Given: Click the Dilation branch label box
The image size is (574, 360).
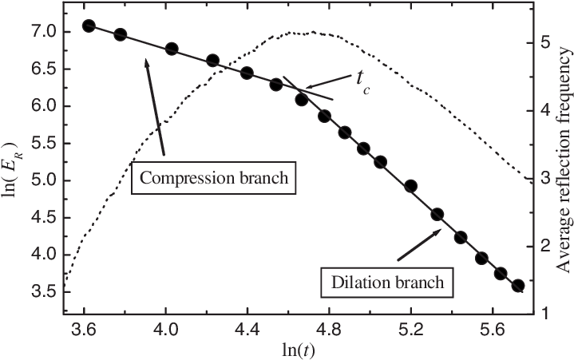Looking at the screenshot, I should click(x=387, y=283).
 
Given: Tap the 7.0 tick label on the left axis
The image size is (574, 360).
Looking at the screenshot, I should click(x=42, y=32).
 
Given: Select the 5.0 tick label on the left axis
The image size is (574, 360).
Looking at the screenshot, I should click(x=42, y=180).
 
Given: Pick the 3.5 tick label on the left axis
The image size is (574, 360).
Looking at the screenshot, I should click(x=42, y=291).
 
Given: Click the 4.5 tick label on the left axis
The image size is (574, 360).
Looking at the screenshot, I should click(x=42, y=217).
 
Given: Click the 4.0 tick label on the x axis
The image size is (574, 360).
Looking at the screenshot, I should click(x=166, y=329).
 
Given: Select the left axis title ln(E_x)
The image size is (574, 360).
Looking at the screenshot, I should click(x=14, y=172).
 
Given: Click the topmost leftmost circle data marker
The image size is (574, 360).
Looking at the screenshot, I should click(x=89, y=26).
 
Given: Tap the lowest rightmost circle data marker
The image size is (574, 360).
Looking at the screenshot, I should click(x=517, y=286).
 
